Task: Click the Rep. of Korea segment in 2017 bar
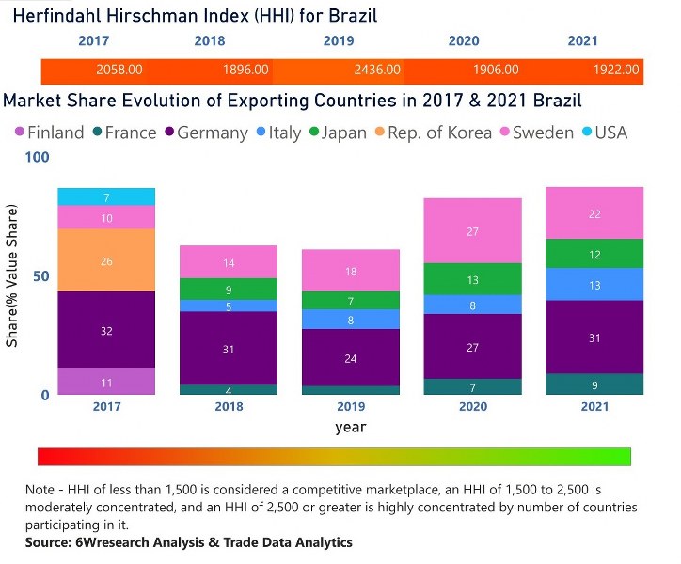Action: tap(106, 260)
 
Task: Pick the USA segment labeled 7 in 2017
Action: tap(106, 197)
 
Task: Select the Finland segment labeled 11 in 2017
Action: tap(106, 382)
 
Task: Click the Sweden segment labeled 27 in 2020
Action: tap(472, 231)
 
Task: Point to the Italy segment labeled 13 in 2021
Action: tap(594, 285)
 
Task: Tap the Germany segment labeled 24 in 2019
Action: tap(351, 357)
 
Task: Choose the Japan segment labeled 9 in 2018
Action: tap(229, 290)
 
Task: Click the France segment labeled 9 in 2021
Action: tap(594, 384)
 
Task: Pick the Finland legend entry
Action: tap(48, 133)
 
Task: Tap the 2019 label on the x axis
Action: tap(351, 407)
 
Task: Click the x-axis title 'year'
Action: tap(351, 427)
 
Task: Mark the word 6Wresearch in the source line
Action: tap(106, 542)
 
